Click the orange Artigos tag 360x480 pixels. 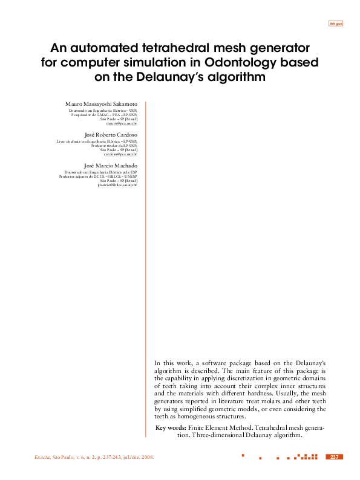coord(335,23)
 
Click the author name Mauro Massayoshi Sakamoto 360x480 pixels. coord(101,105)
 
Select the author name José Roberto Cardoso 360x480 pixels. coord(111,134)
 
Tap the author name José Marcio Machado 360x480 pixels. coord(110,165)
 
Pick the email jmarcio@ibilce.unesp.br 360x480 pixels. coord(117,184)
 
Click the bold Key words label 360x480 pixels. coord(171,427)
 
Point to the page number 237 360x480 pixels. coord(334,457)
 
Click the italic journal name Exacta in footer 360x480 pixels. coord(44,457)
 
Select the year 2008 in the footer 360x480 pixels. coord(148,457)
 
